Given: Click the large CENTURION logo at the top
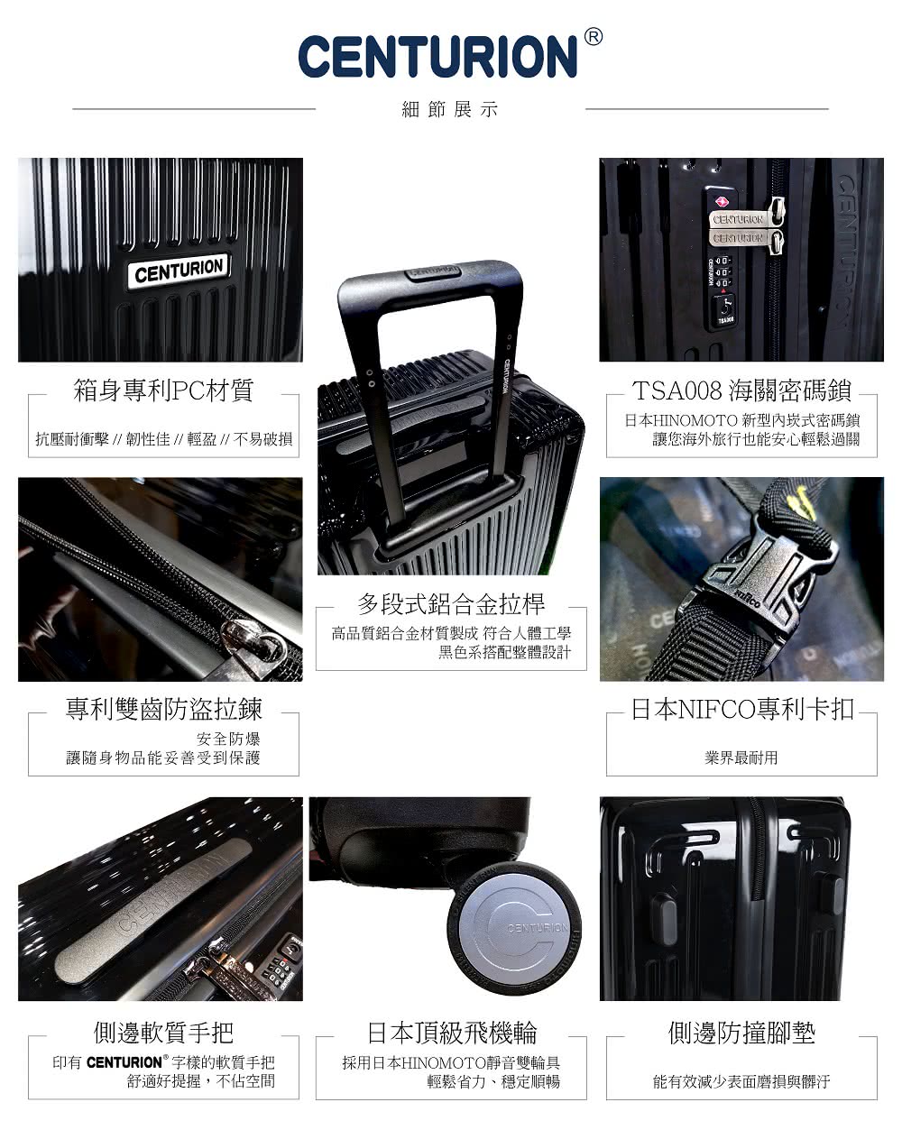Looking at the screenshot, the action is click(437, 57).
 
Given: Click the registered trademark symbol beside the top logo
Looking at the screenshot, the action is click(593, 37).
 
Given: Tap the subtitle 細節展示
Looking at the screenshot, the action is click(450, 109).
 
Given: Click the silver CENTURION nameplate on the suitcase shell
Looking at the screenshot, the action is click(179, 271).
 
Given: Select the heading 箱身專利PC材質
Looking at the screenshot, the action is click(163, 390).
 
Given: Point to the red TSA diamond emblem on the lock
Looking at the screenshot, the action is click(723, 202).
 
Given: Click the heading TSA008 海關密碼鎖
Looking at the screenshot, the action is click(741, 390).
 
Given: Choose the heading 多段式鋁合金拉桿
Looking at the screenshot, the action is click(451, 604).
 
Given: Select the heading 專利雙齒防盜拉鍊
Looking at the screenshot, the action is click(163, 709).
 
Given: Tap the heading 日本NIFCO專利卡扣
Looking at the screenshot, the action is click(742, 709).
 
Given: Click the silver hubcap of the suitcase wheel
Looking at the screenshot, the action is click(514, 931).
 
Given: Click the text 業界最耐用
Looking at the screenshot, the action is click(741, 758).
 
